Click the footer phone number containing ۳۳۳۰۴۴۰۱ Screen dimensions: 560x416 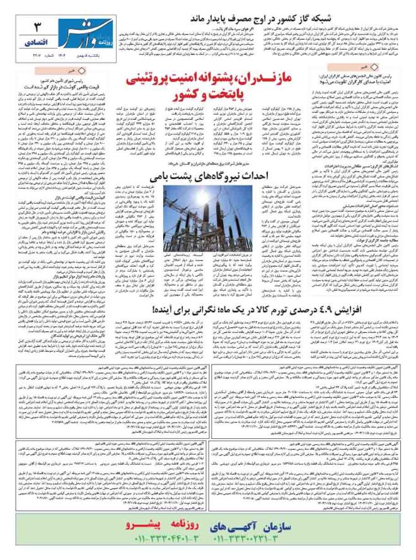click(x=164, y=539)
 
